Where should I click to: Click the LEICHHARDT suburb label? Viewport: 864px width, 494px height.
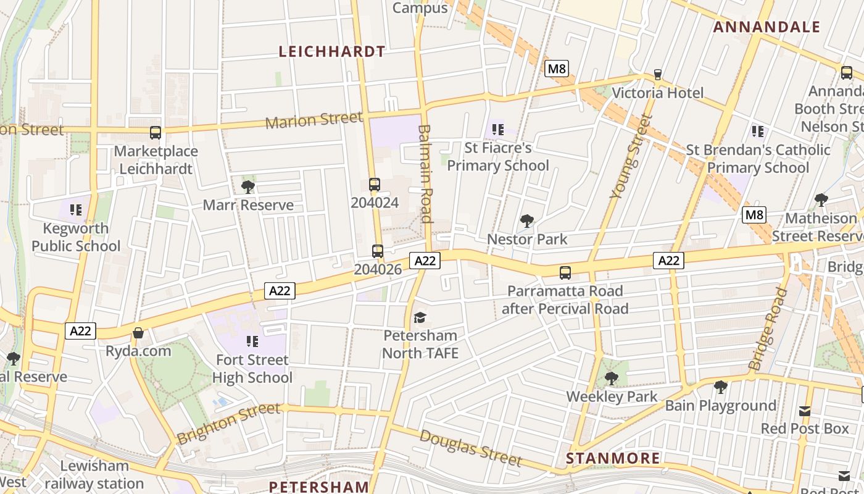[x=332, y=52]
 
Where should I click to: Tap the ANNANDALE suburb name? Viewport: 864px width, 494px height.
[x=767, y=27]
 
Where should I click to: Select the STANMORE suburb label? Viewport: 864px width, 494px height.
[x=613, y=458]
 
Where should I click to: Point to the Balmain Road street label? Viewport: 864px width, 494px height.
[x=425, y=174]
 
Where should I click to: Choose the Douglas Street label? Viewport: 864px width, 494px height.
[x=470, y=448]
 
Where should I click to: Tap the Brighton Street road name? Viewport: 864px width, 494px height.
[x=228, y=423]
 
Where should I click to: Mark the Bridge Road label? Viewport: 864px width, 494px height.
[x=768, y=329]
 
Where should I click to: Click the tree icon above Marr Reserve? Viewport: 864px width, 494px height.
[x=248, y=186]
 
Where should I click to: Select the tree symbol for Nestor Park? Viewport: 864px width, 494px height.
[x=527, y=220]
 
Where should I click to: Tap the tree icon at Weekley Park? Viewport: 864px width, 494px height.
[x=612, y=378]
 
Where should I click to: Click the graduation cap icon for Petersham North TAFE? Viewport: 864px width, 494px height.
[x=420, y=317]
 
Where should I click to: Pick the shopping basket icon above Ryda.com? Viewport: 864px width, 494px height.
[x=138, y=333]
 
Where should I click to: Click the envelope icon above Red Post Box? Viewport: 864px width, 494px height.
[x=805, y=411]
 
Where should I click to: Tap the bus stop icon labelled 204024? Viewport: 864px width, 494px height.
[x=375, y=184]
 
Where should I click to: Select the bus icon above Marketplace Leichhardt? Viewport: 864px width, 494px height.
[x=156, y=132]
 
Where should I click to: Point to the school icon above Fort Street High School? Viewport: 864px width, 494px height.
[x=252, y=341]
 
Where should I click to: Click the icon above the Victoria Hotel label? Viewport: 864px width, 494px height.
[x=658, y=75]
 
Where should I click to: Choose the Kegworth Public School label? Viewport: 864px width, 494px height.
[x=76, y=237]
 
